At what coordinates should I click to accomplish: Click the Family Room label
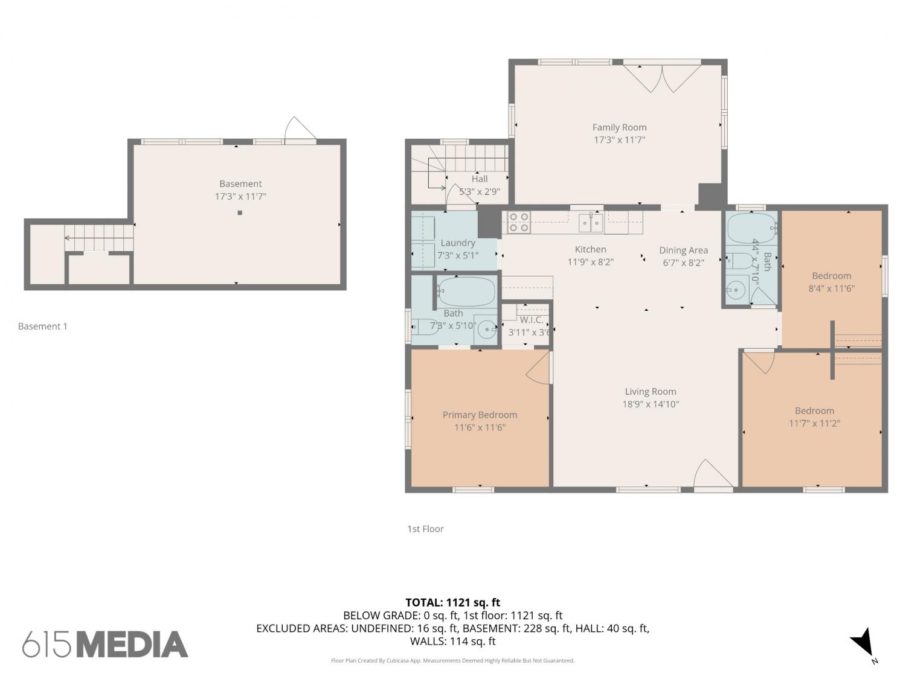619,127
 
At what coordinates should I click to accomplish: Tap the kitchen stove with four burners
519,222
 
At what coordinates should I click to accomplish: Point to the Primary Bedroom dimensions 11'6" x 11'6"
480,427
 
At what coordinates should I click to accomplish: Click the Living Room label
651,392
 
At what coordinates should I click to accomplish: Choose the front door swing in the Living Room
713,474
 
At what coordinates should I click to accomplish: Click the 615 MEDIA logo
105,645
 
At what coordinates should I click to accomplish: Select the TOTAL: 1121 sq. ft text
453,603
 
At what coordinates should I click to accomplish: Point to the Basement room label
240,184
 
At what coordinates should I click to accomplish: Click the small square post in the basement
240,212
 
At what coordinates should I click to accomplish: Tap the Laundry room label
458,243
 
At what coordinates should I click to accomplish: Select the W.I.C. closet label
531,320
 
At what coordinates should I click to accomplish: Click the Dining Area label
683,250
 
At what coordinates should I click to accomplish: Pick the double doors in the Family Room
662,78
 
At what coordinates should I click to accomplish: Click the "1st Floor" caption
425,529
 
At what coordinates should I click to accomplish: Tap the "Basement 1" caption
42,327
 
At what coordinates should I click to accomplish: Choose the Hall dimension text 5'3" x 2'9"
480,192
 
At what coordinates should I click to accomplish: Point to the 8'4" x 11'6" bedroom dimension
831,288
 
